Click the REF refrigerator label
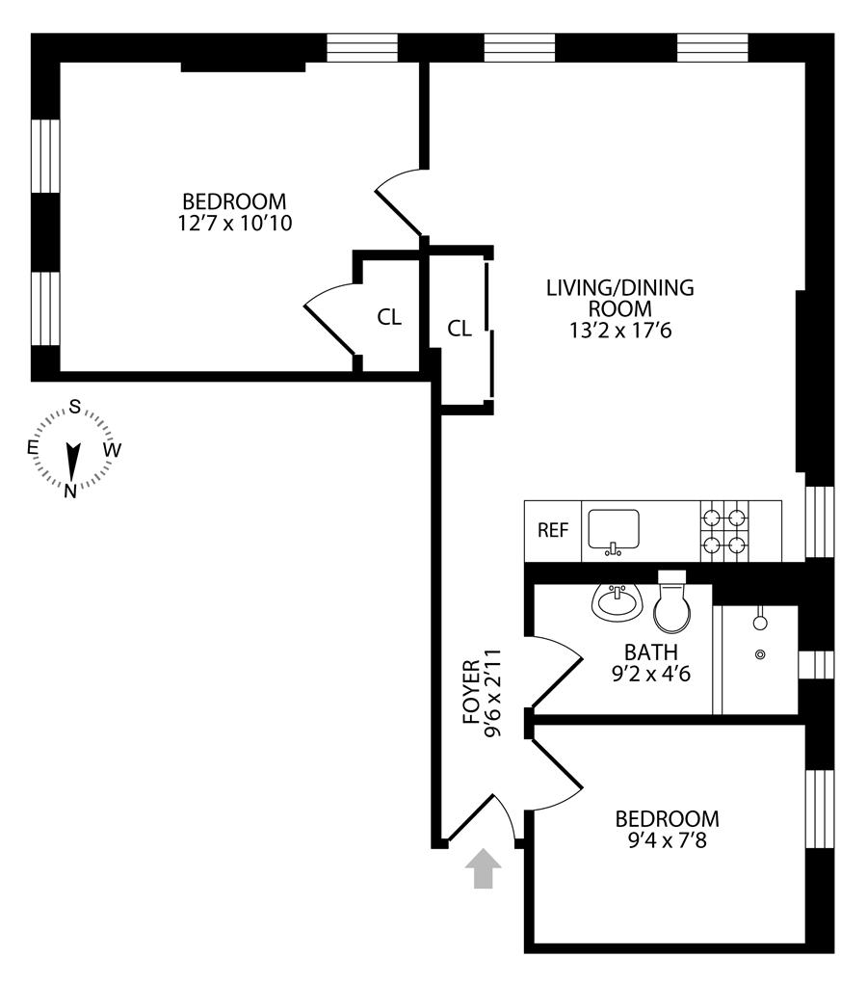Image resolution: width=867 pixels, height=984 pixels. pos(552,530)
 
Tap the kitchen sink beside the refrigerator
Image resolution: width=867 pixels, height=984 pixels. pos(613,531)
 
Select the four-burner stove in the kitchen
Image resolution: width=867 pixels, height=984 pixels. pos(725,530)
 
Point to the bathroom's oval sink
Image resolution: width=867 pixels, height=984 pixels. pos(614,604)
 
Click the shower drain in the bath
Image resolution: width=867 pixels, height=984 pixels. pos(761,654)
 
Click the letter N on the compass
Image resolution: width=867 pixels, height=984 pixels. pos(70,491)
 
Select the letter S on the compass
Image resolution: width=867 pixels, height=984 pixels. pos(73,406)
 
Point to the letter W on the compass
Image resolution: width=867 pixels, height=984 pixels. pos(113,449)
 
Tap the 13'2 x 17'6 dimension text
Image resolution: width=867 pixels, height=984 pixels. pos(619,330)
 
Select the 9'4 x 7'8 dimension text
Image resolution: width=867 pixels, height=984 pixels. pos(667,840)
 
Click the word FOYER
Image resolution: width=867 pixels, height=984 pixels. pos(471,692)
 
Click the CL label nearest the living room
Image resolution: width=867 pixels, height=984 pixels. pos(460,329)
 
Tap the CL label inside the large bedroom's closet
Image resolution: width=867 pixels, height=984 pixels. pos(389,318)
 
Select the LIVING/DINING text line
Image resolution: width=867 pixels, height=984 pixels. pos(619,287)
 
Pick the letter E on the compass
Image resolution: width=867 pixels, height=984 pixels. pos(32,448)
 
